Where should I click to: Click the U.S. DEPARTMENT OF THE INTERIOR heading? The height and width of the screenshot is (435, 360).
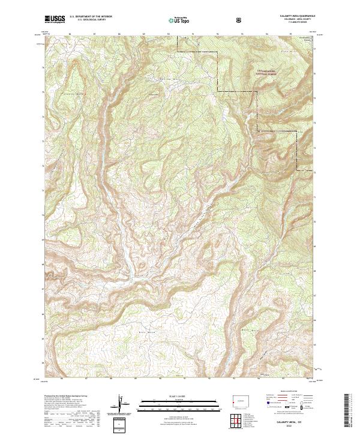coord(90,17)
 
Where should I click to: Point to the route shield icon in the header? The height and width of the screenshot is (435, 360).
coord(239,20)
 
